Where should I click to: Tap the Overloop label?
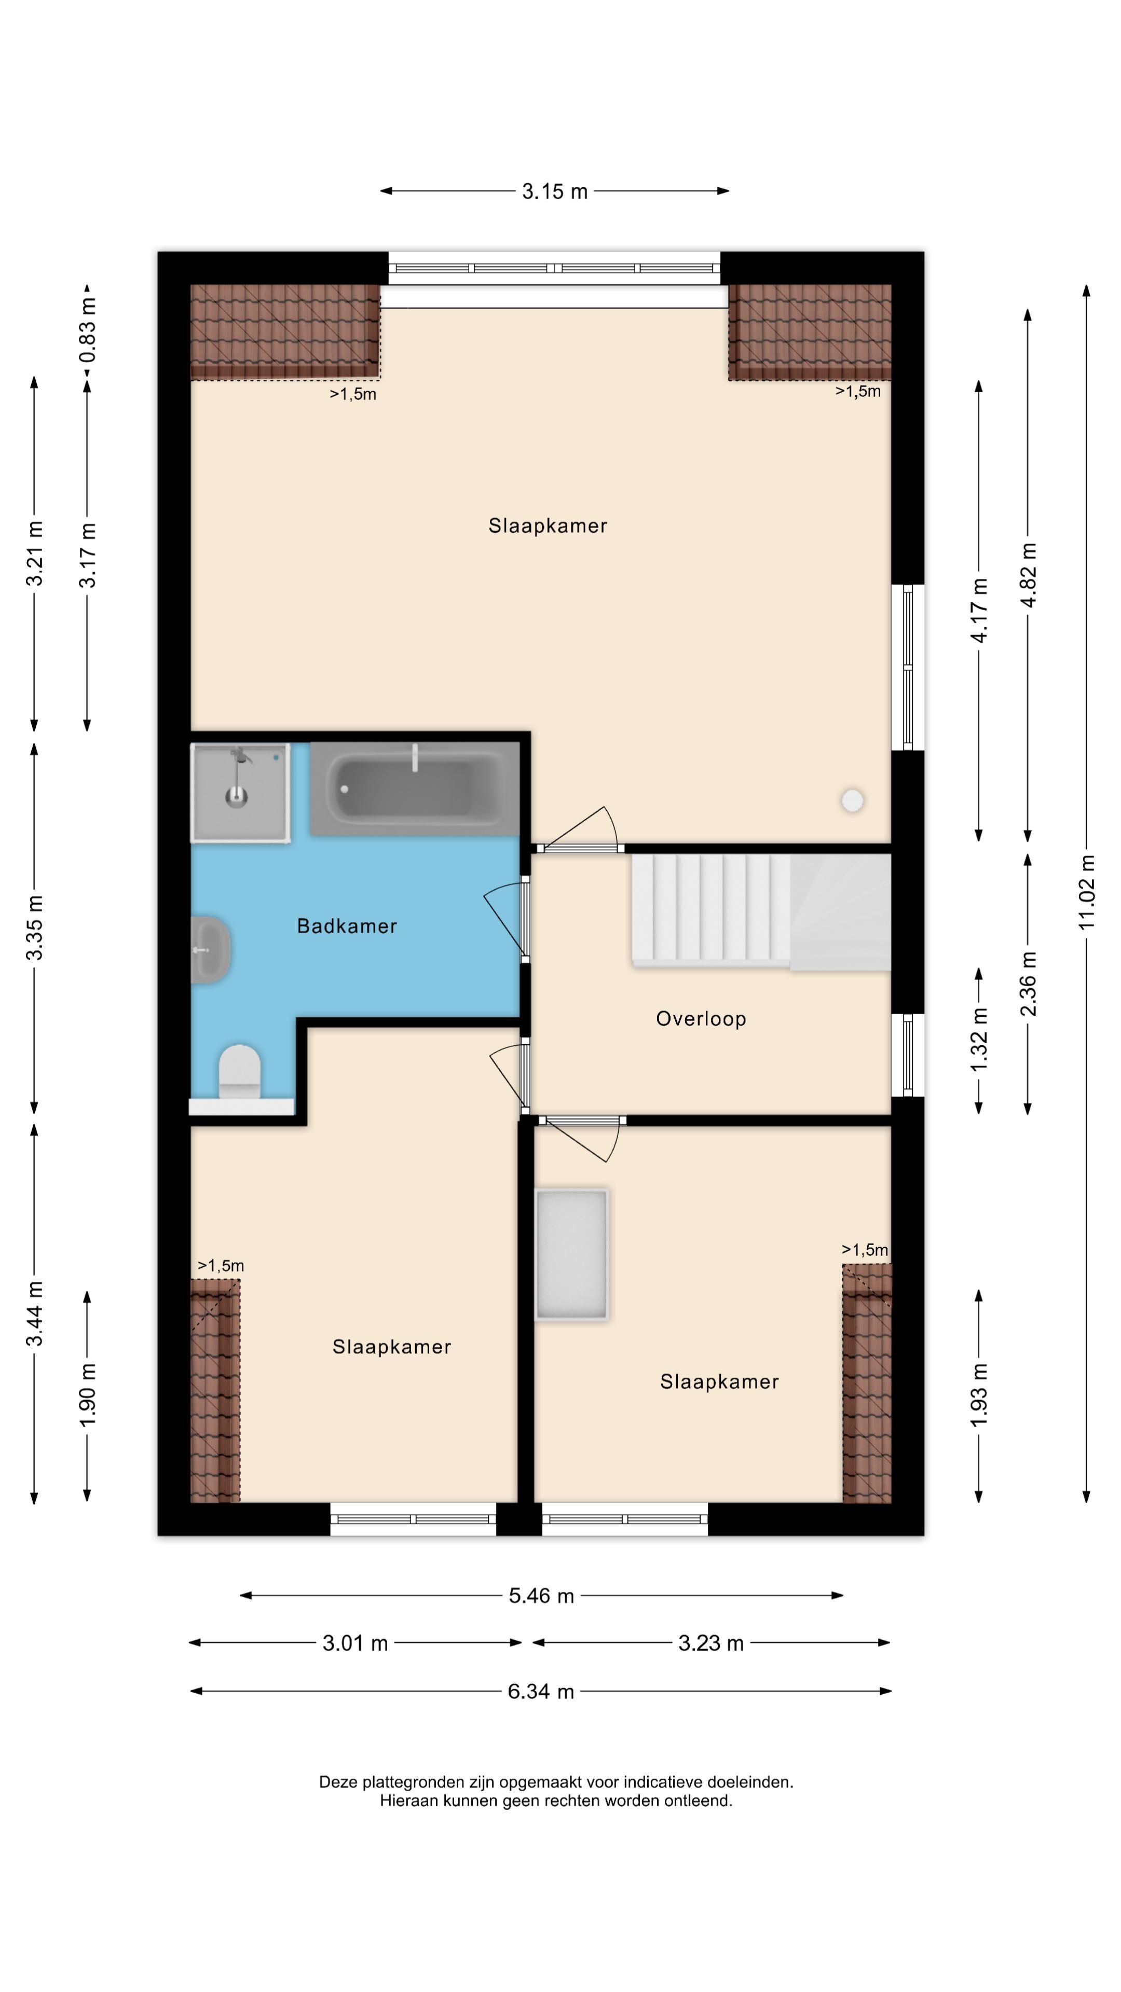[x=701, y=1019]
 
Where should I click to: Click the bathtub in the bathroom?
[x=415, y=789]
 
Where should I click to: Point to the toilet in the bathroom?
[x=240, y=1071]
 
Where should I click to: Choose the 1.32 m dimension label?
[x=979, y=1040]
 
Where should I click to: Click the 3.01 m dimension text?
[x=355, y=1643]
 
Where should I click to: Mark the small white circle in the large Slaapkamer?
[x=853, y=800]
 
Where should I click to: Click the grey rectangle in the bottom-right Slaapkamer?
[x=572, y=1254]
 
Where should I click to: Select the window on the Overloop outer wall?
[x=908, y=1055]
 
